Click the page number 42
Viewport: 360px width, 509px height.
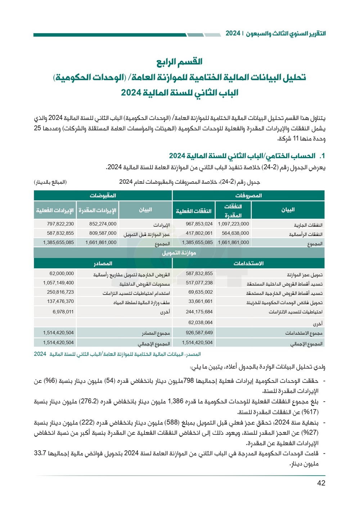point(321,483)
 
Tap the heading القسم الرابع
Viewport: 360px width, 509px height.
point(179,62)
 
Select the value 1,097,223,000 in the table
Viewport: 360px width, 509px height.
point(233,224)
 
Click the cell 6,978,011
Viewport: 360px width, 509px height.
point(63,312)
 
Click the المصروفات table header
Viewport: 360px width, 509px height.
point(248,196)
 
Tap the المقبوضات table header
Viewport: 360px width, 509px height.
point(103,196)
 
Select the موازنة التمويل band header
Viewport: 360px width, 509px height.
point(179,253)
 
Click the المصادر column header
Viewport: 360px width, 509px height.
point(103,263)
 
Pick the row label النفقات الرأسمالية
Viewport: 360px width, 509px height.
point(306,235)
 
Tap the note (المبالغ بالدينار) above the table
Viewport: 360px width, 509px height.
point(50,182)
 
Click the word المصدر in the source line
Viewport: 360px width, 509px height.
point(193,354)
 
